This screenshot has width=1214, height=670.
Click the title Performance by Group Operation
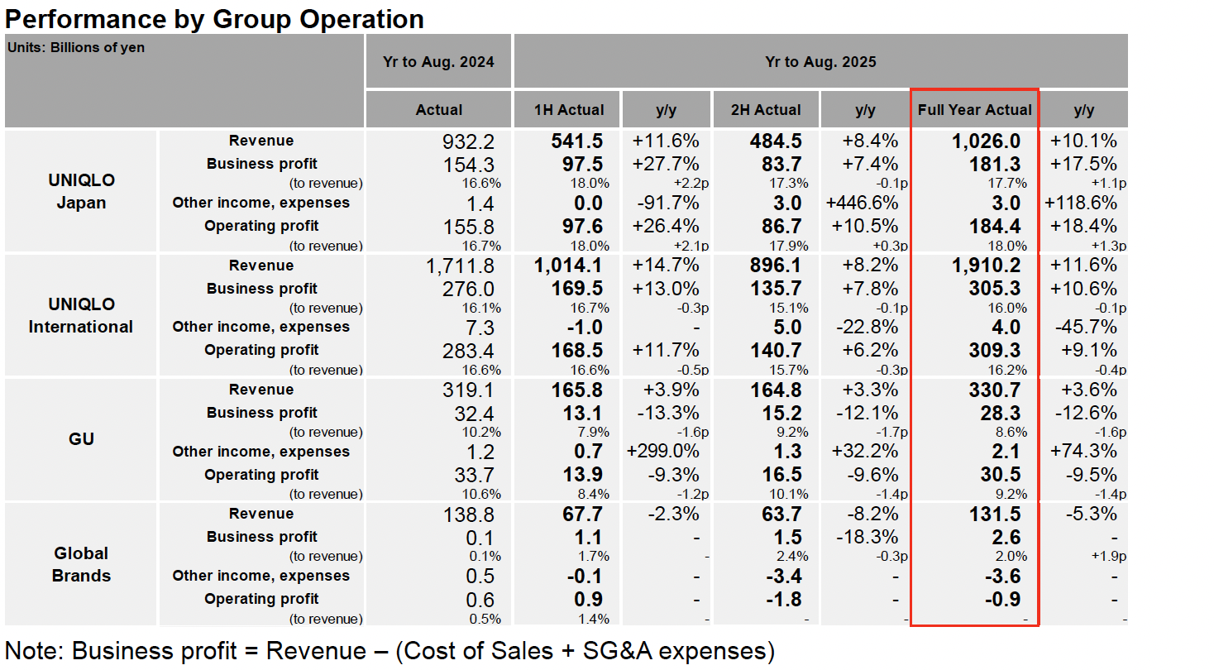(215, 18)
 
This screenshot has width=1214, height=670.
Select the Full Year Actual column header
(974, 110)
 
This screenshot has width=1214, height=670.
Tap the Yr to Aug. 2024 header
(438, 61)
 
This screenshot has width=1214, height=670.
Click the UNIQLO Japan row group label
(81, 191)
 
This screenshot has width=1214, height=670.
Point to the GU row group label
(81, 438)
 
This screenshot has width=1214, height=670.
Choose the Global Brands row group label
(81, 564)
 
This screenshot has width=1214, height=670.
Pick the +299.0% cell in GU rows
(662, 452)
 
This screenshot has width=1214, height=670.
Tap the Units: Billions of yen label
(76, 48)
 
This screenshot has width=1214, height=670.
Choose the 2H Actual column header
(765, 110)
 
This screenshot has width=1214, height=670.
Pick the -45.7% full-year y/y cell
(1084, 328)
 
